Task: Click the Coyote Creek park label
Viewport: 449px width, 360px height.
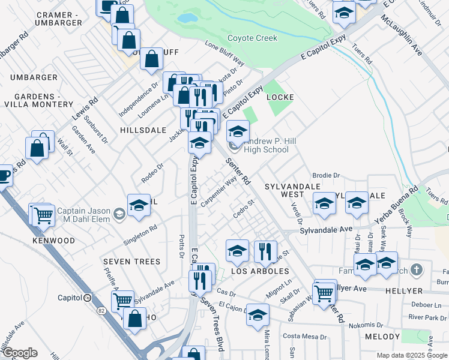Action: (252, 38)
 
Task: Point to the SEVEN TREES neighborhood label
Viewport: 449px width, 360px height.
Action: (131, 262)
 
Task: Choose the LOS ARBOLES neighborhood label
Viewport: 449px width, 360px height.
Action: (260, 272)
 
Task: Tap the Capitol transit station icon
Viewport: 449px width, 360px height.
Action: (88, 298)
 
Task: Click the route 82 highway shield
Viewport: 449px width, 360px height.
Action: (101, 310)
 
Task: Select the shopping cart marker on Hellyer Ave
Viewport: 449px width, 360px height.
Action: (324, 293)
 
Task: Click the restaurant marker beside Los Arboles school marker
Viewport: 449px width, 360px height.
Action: (265, 251)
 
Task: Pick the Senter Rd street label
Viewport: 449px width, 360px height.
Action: (238, 171)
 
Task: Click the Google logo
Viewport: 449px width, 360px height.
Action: (20, 353)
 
